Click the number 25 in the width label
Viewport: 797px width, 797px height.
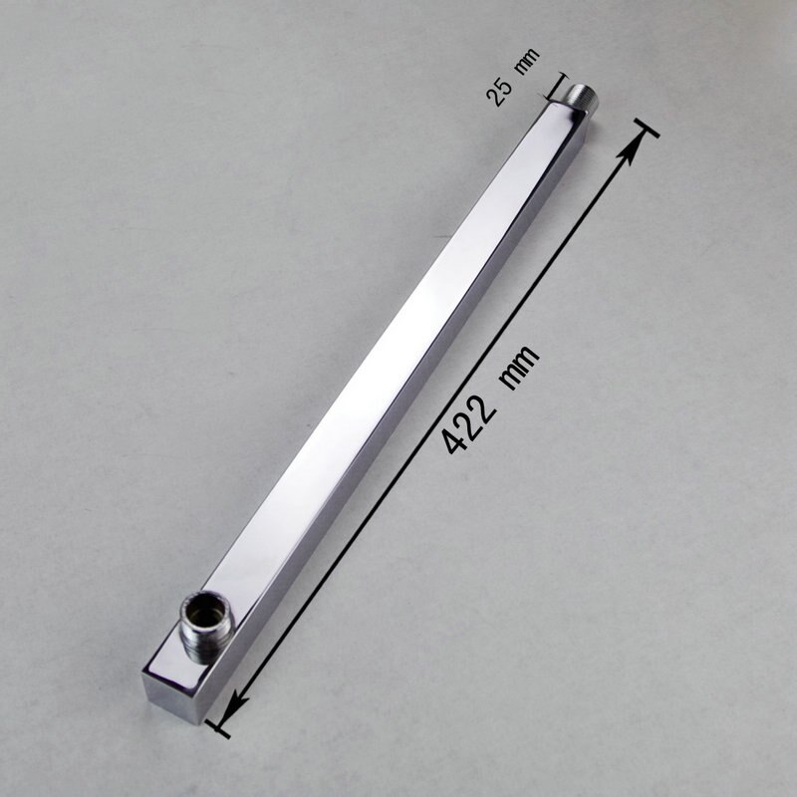pyautogui.click(x=498, y=93)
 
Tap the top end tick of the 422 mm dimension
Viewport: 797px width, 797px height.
pyautogui.click(x=645, y=131)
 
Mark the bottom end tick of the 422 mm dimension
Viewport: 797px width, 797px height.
pyautogui.click(x=218, y=726)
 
